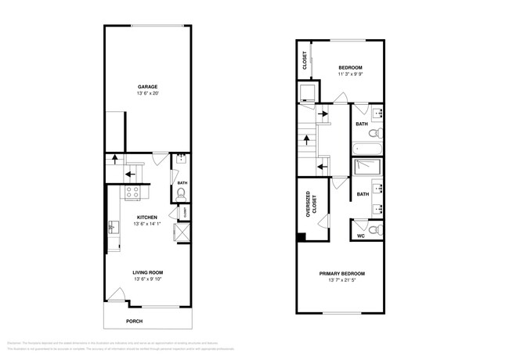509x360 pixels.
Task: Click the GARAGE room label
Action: click(147, 87)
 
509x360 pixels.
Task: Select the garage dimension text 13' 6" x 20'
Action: click(147, 94)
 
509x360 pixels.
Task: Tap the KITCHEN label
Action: click(147, 218)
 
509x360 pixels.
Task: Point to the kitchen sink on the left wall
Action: click(111, 228)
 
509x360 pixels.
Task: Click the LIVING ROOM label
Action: click(147, 272)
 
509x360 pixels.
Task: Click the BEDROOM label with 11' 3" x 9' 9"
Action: click(350, 67)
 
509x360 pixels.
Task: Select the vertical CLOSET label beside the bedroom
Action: click(305, 61)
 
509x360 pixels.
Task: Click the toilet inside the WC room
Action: click(377, 230)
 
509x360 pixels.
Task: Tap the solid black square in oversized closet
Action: click(301, 238)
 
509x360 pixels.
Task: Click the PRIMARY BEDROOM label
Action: click(342, 274)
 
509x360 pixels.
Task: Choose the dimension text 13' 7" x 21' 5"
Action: click(342, 281)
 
